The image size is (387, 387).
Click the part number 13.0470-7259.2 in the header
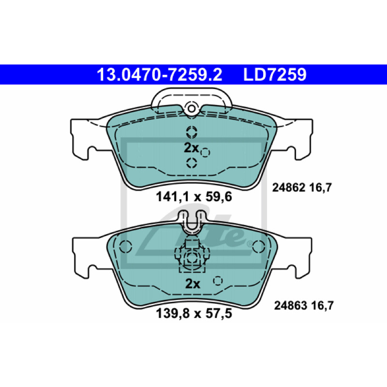(x=160, y=74)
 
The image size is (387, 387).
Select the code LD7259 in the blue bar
(x=275, y=74)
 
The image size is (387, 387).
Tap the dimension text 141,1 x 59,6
(x=194, y=197)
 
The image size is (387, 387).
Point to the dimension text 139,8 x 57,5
(x=194, y=313)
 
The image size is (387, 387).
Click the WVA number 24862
(x=289, y=188)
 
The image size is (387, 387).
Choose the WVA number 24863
(x=291, y=306)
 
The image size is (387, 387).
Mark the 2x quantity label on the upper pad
(x=191, y=148)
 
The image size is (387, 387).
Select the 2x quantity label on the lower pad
(x=193, y=284)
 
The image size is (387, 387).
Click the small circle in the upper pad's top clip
(x=191, y=108)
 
